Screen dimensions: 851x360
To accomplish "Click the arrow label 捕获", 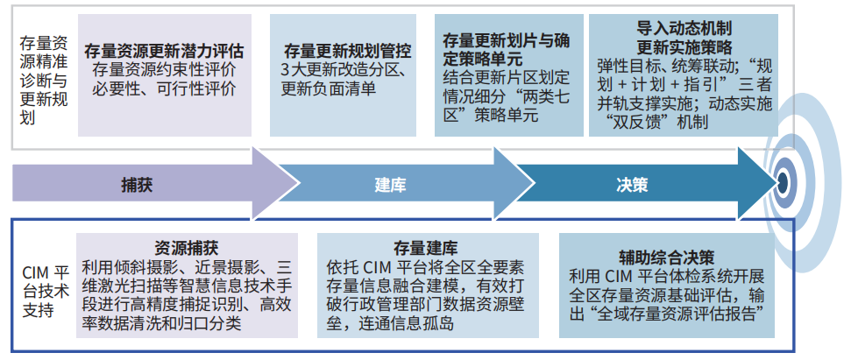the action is pos(137,186).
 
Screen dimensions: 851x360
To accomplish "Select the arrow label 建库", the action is pos(390,186).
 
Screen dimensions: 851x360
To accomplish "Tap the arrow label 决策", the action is pos(632,186).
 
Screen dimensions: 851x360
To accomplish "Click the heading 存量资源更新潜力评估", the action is pos(164,52).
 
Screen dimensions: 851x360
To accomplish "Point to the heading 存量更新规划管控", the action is pos(347,52).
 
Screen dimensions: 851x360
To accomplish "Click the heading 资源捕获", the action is pos(186,248).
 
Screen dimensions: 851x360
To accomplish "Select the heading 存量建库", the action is pos(426,248).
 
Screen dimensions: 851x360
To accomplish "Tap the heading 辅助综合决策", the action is pos(666,257).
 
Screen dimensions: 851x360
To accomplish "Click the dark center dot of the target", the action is pos(783,181).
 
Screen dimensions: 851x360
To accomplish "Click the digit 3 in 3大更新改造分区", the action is pos(285,70).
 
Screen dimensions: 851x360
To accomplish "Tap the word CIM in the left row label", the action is pos(36,271).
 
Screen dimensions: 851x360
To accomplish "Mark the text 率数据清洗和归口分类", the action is pos(161,325).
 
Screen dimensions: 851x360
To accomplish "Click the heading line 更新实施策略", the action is pos(684,46).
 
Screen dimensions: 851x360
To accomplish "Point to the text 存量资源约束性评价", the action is pos(164,70).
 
